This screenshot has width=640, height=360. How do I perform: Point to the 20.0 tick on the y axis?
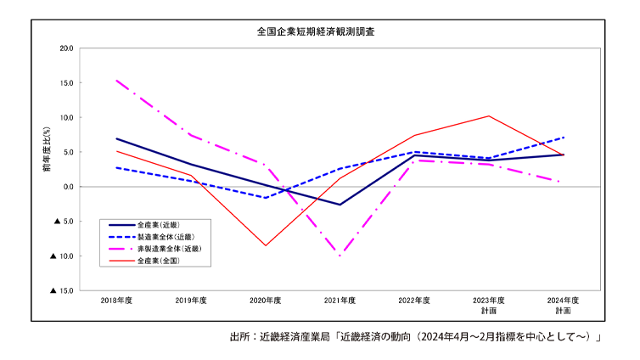[x=66, y=48]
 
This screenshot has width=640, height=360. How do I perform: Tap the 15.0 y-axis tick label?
[x=66, y=83]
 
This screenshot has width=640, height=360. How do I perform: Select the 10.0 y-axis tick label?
[x=66, y=118]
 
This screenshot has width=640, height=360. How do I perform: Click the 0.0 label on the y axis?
[x=68, y=187]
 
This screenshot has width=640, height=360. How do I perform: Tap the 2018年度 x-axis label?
[x=117, y=301]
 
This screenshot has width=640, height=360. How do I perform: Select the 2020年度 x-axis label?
[x=265, y=301]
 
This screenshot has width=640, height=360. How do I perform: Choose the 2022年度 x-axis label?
[x=414, y=301]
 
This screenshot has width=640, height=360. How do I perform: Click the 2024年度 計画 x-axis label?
[x=563, y=306]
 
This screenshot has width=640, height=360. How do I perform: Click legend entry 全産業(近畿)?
[x=158, y=224]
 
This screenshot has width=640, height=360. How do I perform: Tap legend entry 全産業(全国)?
[x=158, y=261]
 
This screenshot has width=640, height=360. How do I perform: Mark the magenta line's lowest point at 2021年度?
[x=340, y=256]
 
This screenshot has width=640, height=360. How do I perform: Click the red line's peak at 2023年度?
[x=489, y=116]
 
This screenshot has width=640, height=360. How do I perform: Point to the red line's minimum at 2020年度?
[x=266, y=245]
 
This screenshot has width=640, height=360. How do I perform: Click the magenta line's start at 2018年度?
[x=117, y=81]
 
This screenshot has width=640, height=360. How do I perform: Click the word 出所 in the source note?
[x=240, y=337]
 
